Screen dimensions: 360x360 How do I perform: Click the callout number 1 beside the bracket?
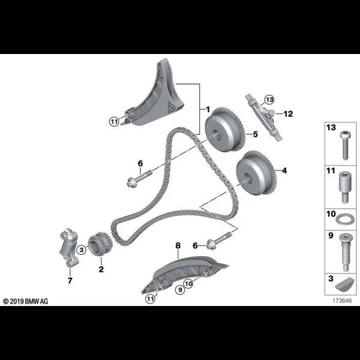[x=208, y=109]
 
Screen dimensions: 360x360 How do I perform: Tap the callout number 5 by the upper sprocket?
[x=256, y=134]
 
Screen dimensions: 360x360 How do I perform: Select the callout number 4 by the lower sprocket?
[x=284, y=170]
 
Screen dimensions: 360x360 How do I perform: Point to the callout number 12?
[x=288, y=113]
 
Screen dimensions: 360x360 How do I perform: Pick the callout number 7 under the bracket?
[x=70, y=280]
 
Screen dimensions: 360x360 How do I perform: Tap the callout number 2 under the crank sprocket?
[x=101, y=269]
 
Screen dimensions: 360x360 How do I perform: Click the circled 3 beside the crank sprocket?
[x=82, y=250]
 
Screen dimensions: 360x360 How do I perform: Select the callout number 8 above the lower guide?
[x=178, y=245]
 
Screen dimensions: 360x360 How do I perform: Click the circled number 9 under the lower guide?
[x=180, y=290]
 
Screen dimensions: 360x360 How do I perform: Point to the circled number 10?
[x=188, y=284]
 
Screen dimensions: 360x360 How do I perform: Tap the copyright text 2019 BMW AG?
[x=26, y=301]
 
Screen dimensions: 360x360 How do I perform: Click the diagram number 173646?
[x=342, y=301]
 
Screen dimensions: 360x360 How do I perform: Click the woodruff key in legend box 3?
[x=343, y=285]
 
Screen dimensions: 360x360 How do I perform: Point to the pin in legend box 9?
[x=345, y=252]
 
